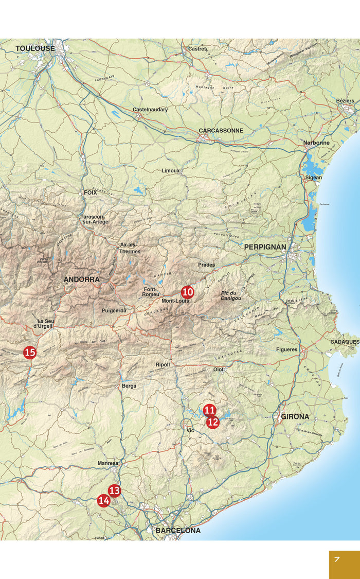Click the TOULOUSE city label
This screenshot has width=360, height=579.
35,48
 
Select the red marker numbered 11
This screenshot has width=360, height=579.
209,410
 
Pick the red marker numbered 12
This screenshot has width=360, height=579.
213,423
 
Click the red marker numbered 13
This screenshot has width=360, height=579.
114,490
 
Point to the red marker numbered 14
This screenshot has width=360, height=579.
104,500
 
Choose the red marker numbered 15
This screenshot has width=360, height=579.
30,353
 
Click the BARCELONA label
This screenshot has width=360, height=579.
178,530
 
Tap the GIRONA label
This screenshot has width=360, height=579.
295,416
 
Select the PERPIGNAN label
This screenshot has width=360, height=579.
265,247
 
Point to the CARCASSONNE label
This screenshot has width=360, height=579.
221,131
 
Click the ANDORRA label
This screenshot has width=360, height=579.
82,279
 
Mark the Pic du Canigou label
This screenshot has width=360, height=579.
231,295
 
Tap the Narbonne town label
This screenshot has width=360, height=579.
316,143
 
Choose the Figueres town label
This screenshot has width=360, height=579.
286,349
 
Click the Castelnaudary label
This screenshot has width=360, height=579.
150,110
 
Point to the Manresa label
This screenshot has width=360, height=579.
108,463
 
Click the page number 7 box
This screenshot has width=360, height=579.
344,565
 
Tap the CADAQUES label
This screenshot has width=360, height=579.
345,342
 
